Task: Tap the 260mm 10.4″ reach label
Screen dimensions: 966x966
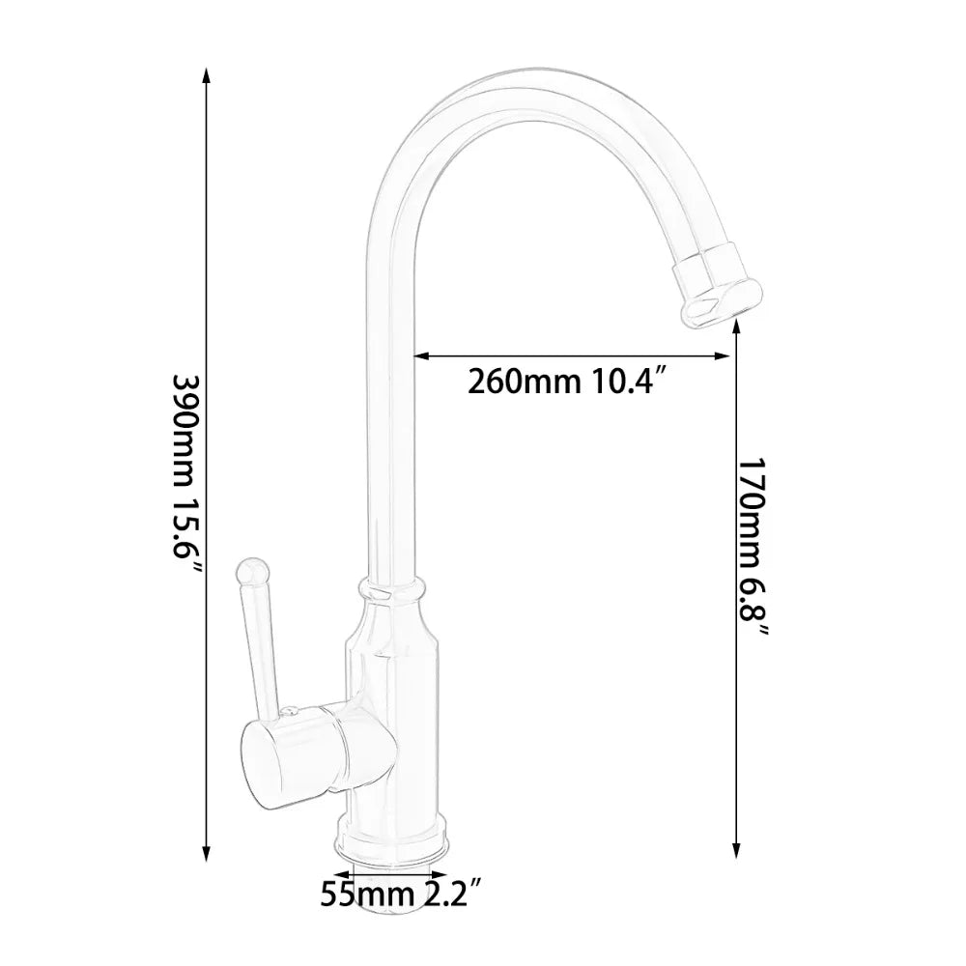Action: tap(570, 383)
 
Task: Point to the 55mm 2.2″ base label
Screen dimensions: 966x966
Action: tap(401, 893)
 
